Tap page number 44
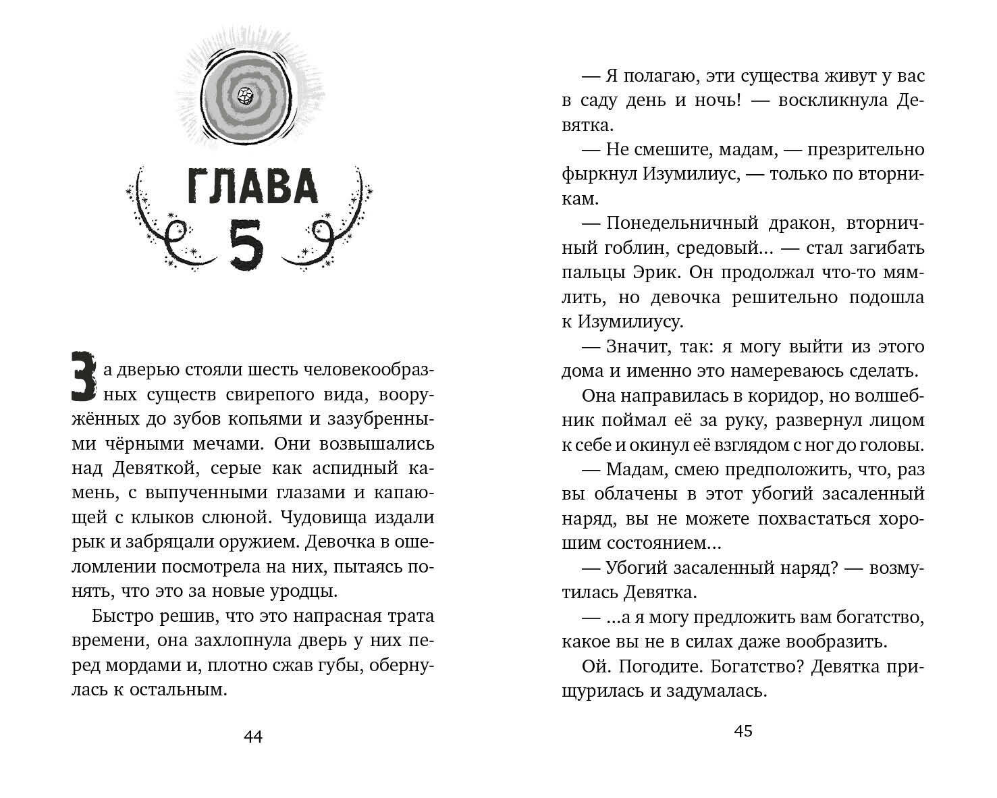coord(252,737)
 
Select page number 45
coord(743,731)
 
